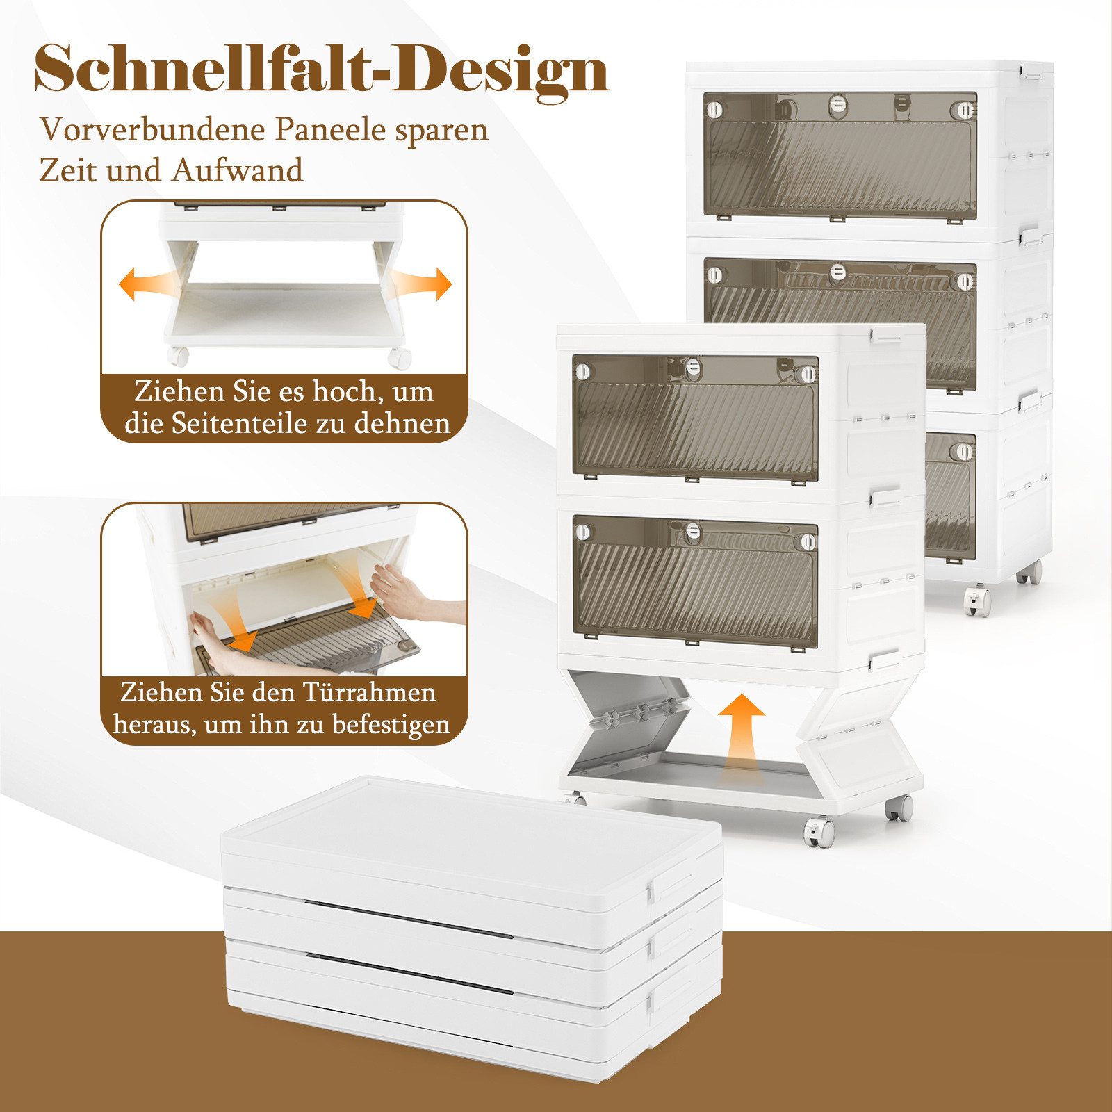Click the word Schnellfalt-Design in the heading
click(x=321, y=69)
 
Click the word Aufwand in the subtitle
click(x=238, y=171)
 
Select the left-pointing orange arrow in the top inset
click(x=142, y=284)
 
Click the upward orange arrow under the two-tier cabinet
click(x=741, y=737)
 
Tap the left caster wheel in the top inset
click(x=178, y=357)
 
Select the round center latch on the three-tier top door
click(x=838, y=104)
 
